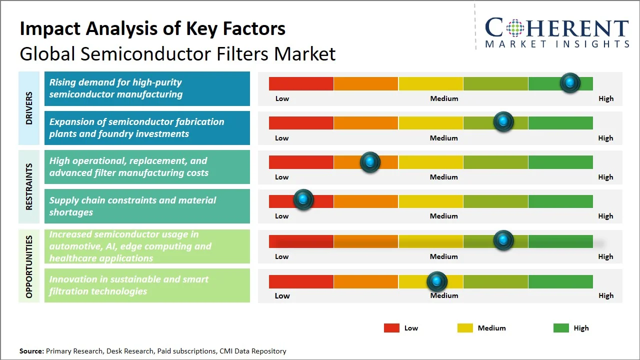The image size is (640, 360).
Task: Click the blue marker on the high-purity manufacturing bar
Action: tap(570, 82)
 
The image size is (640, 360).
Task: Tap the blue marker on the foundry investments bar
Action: tap(503, 121)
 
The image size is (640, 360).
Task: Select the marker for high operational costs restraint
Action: tap(370, 162)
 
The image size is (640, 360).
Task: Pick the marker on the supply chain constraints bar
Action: tap(303, 199)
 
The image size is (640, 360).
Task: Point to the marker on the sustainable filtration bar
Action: tap(437, 281)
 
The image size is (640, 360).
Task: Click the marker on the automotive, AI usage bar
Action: tap(503, 240)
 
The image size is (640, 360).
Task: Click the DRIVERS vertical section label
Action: tap(29, 108)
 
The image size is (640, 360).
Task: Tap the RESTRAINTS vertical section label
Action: tap(29, 186)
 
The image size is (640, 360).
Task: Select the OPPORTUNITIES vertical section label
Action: tap(29, 266)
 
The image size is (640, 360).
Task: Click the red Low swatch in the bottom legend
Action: tap(391, 328)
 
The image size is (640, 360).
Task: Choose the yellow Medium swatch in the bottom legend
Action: tap(465, 328)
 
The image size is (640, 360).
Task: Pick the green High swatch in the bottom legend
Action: tap(561, 328)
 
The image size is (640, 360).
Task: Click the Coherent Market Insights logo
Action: tap(556, 32)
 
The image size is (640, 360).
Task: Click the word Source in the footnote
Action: tap(31, 351)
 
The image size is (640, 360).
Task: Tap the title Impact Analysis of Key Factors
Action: tap(152, 29)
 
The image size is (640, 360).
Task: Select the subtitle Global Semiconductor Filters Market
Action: tap(177, 54)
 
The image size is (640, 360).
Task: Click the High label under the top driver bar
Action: tap(606, 98)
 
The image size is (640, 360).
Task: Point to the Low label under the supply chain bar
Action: tap(282, 216)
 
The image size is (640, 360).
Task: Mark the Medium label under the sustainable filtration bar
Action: tap(444, 295)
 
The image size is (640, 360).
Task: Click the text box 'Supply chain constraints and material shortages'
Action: tap(147, 206)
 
